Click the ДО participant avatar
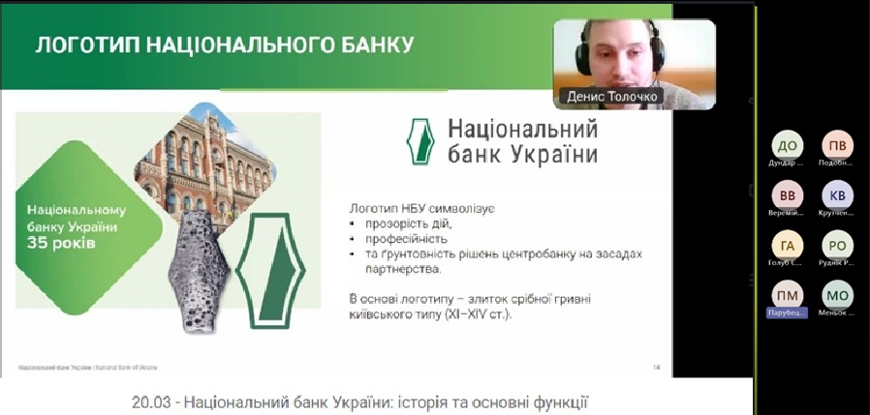(787, 146)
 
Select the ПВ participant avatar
(837, 146)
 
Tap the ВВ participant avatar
(792, 194)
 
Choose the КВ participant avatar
(837, 194)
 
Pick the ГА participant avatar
(787, 245)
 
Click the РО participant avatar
(837, 245)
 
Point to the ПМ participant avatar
(787, 294)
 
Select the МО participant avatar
(837, 294)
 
